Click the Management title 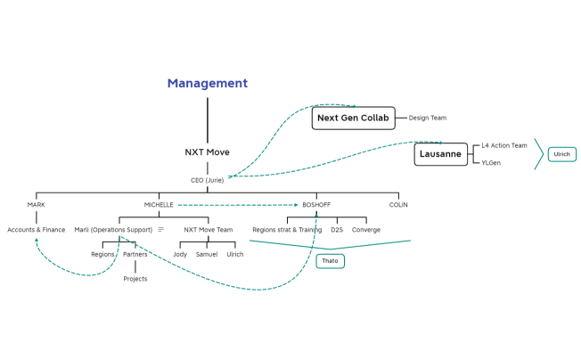click(x=207, y=84)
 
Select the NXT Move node click(x=207, y=152)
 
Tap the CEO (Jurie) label click(x=207, y=180)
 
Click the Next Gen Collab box click(x=353, y=118)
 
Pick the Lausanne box click(x=440, y=154)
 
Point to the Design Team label click(x=428, y=118)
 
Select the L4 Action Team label click(x=504, y=145)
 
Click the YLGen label click(x=490, y=163)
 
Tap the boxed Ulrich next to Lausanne click(x=561, y=154)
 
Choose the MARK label click(x=36, y=205)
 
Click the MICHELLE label click(x=159, y=205)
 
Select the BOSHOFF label click(x=316, y=205)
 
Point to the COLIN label click(x=398, y=205)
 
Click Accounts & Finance click(x=37, y=230)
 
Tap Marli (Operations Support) click(x=113, y=230)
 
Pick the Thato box click(x=330, y=262)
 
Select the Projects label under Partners click(x=135, y=279)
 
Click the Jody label click(x=180, y=254)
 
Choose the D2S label click(x=337, y=230)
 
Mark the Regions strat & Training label click(x=287, y=230)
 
